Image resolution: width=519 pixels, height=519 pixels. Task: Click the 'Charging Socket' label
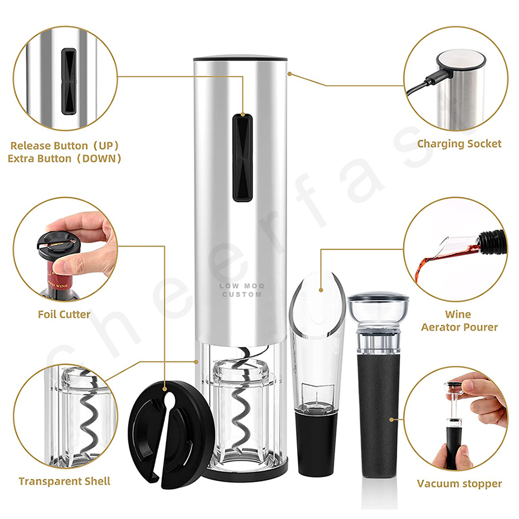(x=459, y=143)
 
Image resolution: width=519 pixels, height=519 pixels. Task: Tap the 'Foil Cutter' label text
(x=63, y=314)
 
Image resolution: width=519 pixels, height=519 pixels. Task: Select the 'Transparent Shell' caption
(x=64, y=481)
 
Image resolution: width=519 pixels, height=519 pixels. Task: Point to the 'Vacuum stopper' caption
(x=459, y=483)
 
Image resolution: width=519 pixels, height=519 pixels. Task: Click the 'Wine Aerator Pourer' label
(x=459, y=321)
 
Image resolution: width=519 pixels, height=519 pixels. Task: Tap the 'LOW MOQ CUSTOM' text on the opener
(x=241, y=290)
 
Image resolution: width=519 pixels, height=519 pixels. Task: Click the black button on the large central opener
(x=242, y=157)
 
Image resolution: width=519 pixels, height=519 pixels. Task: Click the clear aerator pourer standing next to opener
(x=317, y=338)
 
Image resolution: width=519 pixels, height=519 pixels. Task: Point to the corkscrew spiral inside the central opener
(x=241, y=408)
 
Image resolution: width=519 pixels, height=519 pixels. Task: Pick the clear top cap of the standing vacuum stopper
(x=377, y=309)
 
